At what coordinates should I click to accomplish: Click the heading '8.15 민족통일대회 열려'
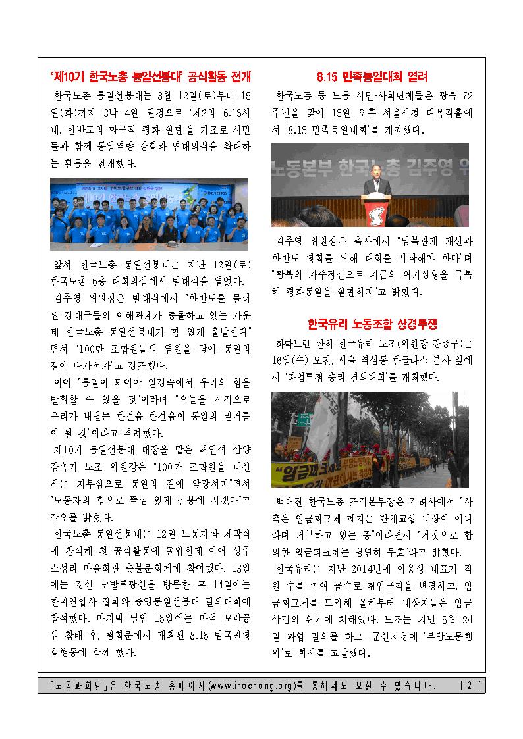(x=372, y=76)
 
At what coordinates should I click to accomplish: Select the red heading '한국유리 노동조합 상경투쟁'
(x=372, y=324)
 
